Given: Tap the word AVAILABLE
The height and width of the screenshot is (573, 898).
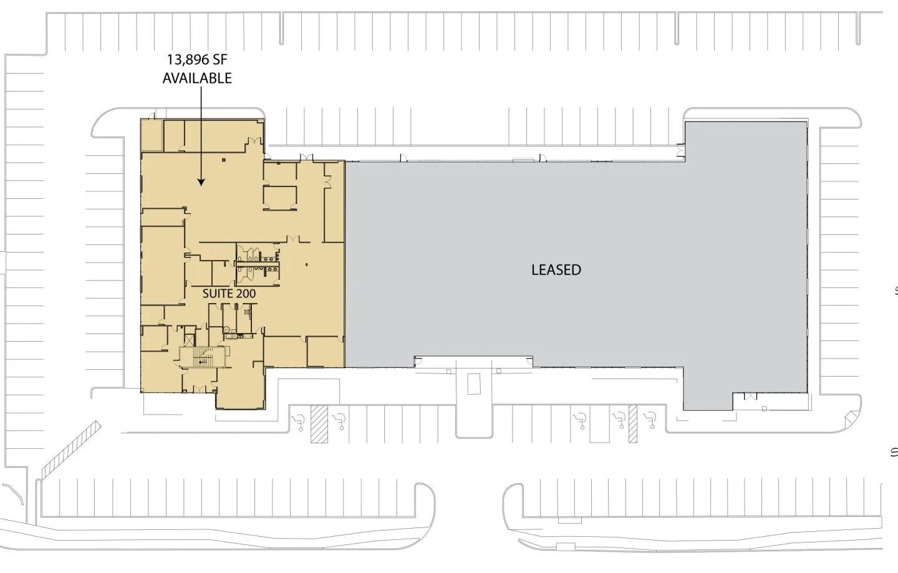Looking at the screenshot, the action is (197, 78).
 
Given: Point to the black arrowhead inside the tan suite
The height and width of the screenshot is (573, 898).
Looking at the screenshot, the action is (201, 182).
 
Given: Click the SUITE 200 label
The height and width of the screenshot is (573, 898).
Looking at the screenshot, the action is (229, 294).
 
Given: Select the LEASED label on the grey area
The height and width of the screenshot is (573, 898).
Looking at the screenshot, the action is (556, 270).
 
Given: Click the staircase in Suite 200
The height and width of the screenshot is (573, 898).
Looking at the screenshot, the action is (205, 357).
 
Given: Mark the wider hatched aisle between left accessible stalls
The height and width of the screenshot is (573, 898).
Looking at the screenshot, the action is (319, 424).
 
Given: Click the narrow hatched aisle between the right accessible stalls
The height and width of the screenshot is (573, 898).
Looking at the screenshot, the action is (632, 424).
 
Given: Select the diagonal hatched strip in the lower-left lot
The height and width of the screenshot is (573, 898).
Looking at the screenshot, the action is (70, 450).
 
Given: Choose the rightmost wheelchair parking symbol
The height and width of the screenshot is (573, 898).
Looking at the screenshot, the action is (650, 421).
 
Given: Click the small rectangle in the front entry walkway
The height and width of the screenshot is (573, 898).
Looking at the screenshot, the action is (474, 383).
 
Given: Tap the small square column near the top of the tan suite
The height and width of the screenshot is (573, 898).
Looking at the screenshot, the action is (224, 160).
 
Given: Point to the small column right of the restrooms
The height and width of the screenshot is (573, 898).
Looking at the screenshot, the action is (307, 264).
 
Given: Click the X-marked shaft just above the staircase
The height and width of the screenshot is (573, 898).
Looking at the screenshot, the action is (188, 342).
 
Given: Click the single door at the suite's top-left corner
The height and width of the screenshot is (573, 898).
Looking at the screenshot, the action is (151, 116).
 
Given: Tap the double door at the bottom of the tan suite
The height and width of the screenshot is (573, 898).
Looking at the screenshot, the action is (200, 388).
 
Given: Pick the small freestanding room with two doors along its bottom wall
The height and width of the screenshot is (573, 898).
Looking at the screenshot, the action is (280, 198).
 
